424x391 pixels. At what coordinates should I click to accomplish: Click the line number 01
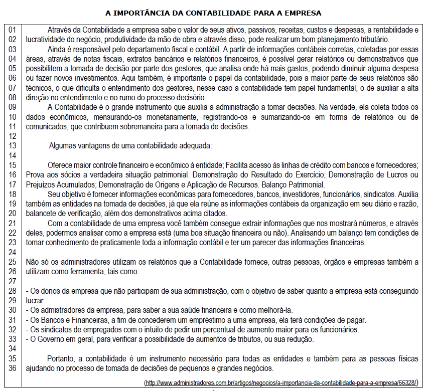12,30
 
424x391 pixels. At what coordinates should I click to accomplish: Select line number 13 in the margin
12,146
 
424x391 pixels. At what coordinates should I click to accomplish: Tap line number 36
12,368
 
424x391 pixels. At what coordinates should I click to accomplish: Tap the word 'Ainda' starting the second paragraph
56,49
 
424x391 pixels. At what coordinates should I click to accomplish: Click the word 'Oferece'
60,165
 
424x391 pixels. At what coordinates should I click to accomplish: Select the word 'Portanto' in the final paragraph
61,358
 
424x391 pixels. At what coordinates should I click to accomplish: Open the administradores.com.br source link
281,382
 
